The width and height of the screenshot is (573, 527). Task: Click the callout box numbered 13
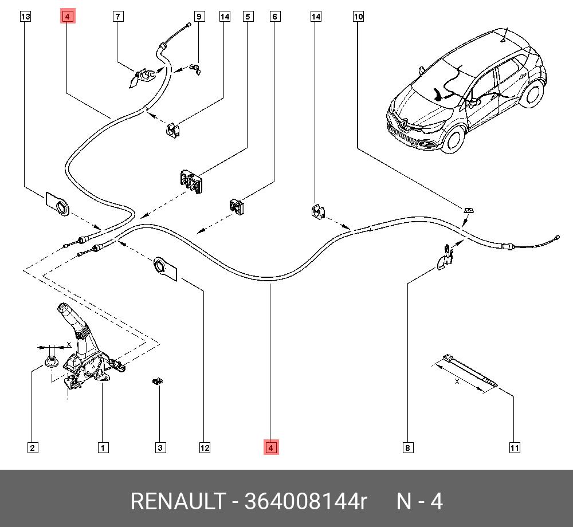(26, 17)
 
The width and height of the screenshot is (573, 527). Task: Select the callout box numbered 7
(117, 17)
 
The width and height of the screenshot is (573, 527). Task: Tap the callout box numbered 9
(199, 17)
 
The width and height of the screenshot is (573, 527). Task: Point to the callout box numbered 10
(358, 17)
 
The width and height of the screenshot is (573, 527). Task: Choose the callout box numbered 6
(275, 17)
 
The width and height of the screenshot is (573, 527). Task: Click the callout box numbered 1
(103, 448)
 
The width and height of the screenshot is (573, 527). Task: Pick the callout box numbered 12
(205, 448)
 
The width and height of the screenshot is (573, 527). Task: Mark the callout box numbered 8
(407, 448)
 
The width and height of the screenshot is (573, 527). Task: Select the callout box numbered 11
(515, 448)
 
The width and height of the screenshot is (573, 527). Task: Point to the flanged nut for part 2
(50, 361)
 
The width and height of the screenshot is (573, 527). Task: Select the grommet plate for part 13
(57, 203)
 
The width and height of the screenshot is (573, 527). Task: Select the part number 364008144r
(305, 501)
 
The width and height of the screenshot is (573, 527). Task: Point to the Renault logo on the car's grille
(402, 122)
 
